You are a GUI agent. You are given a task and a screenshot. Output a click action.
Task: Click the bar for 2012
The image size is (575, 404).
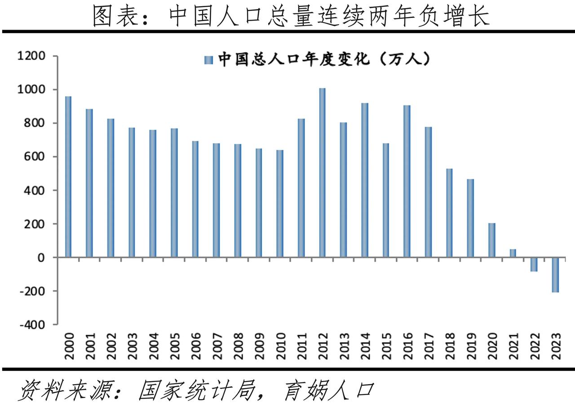[x=322, y=173]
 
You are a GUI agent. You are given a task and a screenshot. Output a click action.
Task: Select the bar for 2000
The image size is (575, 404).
[x=68, y=177]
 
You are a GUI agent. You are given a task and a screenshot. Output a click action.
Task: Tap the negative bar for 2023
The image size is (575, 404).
[x=555, y=275]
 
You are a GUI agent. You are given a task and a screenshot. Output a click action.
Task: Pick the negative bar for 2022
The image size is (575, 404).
[x=534, y=264]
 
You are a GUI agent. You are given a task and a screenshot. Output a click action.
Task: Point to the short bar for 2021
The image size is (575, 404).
[x=513, y=253]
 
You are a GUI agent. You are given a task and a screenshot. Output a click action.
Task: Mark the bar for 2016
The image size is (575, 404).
[x=407, y=181]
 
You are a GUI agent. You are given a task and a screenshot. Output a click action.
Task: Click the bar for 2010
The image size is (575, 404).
[x=280, y=204]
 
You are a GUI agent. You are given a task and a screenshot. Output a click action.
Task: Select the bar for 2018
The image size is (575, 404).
[x=449, y=213]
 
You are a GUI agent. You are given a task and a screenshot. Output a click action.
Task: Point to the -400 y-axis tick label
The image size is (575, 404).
[x=32, y=325]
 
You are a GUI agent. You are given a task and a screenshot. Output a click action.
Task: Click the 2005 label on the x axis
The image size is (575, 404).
[x=174, y=346]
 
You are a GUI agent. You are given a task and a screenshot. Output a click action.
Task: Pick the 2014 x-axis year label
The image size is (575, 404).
[x=365, y=346]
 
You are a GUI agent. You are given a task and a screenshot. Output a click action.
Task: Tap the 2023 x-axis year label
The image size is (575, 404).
[x=556, y=346]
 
